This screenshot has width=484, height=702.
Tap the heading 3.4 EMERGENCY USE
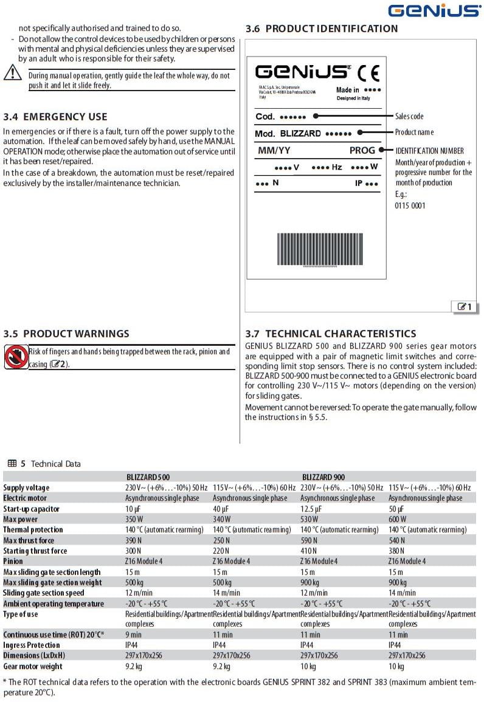55,117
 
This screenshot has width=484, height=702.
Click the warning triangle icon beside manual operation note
12,72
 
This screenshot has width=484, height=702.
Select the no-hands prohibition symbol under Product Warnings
15,357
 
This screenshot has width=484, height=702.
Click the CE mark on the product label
368,74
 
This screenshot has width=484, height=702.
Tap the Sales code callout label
409,116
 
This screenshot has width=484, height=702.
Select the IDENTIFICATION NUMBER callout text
429,151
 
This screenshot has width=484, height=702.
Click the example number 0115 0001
410,205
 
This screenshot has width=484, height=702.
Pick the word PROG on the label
362,151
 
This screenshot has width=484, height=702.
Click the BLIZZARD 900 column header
323,477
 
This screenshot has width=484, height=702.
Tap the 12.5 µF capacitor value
313,509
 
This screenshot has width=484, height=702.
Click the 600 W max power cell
398,519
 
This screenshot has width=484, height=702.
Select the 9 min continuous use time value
133,635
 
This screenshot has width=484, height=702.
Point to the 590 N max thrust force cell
309,540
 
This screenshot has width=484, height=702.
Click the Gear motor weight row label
33,666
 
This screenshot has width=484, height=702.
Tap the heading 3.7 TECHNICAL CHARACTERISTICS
331,334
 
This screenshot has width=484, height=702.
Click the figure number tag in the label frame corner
465,307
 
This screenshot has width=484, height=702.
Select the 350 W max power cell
135,519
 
